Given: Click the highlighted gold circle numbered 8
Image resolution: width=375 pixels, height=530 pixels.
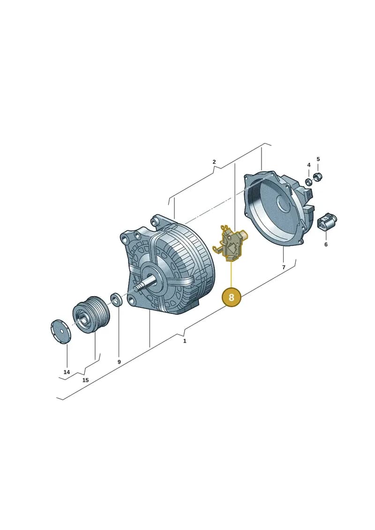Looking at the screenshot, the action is [231, 297].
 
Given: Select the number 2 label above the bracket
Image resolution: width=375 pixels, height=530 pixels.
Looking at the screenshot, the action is [214, 162].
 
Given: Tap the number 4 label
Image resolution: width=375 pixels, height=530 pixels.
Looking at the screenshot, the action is [309, 165].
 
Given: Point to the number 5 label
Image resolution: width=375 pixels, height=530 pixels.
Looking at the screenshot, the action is [318, 159].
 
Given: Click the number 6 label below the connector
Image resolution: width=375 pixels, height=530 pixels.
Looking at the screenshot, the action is [326, 244].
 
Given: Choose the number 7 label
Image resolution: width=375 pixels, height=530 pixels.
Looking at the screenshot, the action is [284, 268].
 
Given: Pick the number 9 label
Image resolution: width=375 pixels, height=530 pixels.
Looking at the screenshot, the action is [119, 362].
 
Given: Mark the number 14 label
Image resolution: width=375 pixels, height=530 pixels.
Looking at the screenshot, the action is [67, 372].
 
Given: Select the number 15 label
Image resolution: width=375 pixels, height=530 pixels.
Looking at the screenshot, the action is [86, 380].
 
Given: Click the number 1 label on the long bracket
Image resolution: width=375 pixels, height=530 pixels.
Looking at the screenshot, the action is [185, 341].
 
